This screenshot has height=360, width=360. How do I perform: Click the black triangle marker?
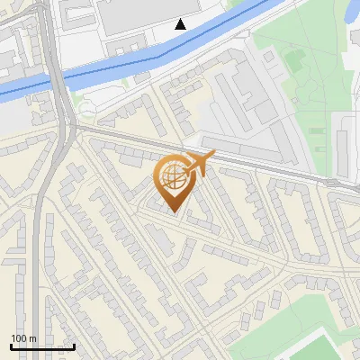coord(181,24)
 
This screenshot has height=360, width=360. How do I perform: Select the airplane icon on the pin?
coord(199,164)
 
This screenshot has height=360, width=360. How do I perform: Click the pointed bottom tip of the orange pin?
coord(175,212)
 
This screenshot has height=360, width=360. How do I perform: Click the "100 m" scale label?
coord(23,338)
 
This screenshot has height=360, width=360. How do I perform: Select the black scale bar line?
coord(42,346)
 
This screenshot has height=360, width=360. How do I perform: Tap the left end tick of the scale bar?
coord(11,345)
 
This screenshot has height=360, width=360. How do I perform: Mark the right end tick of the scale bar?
coord(74,345)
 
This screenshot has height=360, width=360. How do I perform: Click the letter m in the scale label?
coord(32,338)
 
